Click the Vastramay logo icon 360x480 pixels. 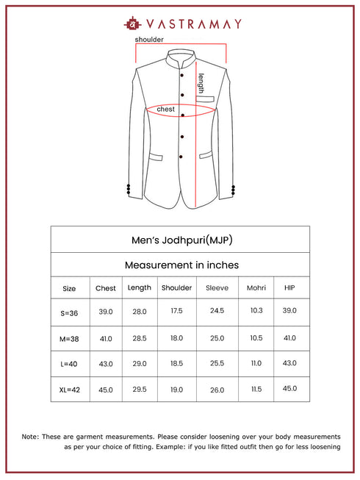pyautogui.click(x=134, y=23)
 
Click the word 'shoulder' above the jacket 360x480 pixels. pyautogui.click(x=149, y=39)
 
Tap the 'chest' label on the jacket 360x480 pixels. pyautogui.click(x=166, y=109)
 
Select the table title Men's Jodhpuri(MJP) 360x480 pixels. pyautogui.click(x=180, y=240)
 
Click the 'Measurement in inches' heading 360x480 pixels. pyautogui.click(x=180, y=265)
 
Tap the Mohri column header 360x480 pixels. pyautogui.click(x=256, y=288)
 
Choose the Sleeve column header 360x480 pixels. pyautogui.click(x=217, y=288)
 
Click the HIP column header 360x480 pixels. pyautogui.click(x=289, y=288)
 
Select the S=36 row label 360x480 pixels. pyautogui.click(x=69, y=312)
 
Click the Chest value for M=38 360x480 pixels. pyautogui.click(x=106, y=338)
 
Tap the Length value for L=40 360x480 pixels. pyautogui.click(x=140, y=364)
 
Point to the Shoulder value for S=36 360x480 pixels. pyautogui.click(x=176, y=312)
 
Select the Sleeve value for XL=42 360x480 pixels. pyautogui.click(x=217, y=390)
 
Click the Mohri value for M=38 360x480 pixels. pyautogui.click(x=256, y=338)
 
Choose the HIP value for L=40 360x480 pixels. pyautogui.click(x=289, y=364)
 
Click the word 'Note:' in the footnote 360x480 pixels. pyautogui.click(x=30, y=437)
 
